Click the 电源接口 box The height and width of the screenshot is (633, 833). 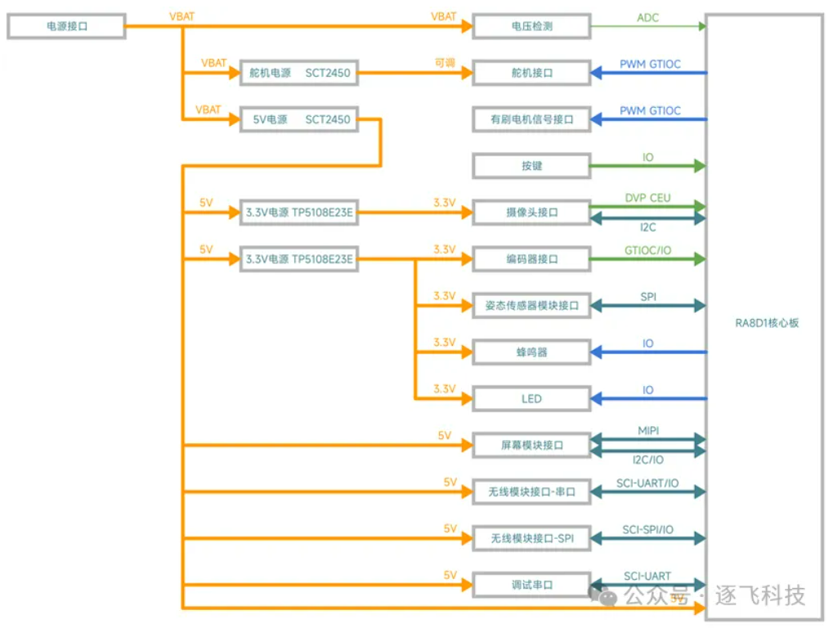(x=66, y=26)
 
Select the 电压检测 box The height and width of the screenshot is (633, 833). (x=531, y=26)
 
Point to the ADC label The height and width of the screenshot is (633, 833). (x=647, y=17)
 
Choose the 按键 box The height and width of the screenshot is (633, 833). (x=531, y=166)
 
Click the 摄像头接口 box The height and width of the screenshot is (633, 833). (x=531, y=213)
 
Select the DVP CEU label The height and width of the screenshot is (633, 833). (x=647, y=197)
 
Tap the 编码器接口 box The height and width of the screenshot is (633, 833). (x=531, y=259)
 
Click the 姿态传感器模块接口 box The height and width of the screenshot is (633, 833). (x=531, y=306)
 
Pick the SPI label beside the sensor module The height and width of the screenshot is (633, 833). (x=647, y=297)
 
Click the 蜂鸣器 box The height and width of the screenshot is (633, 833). (x=531, y=352)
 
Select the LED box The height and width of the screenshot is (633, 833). (x=531, y=399)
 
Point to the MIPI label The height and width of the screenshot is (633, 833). (x=647, y=429)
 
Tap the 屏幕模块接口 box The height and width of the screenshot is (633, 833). (x=531, y=446)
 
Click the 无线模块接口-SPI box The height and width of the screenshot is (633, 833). (x=531, y=539)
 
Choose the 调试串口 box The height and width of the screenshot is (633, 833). (x=531, y=586)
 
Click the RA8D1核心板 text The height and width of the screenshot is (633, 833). (x=766, y=323)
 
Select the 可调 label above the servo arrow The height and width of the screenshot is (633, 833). (x=445, y=63)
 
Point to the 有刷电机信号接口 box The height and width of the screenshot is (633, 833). (x=531, y=119)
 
